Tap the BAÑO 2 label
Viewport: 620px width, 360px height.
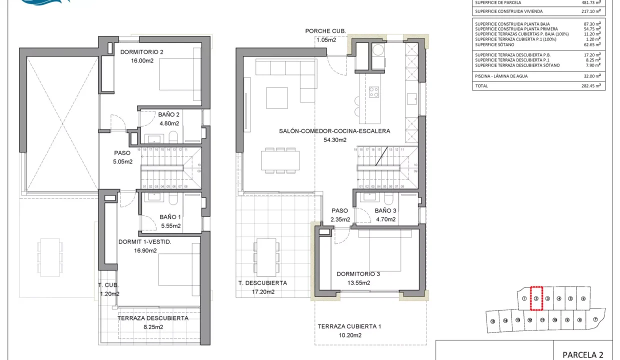tap(169, 114)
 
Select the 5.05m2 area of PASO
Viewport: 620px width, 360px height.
tap(122, 161)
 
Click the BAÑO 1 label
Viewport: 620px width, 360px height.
tap(170, 217)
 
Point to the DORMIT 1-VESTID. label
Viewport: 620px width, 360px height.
tap(145, 242)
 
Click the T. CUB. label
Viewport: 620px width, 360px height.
tap(108, 285)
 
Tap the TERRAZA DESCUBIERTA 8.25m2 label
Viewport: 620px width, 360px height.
tap(152, 318)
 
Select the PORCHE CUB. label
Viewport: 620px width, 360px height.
tap(325, 31)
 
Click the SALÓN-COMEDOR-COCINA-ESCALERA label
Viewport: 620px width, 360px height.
tap(334, 131)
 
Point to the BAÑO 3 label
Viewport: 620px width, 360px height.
tap(385, 210)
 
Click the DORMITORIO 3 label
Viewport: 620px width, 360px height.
tap(358, 274)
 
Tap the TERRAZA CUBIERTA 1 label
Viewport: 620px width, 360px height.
tap(349, 326)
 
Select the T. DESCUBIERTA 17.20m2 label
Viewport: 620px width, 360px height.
tap(262, 283)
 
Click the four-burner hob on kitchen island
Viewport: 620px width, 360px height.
tap(373, 92)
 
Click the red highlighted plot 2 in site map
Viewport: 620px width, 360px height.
tap(535, 298)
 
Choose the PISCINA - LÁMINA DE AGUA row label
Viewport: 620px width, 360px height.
tap(501, 76)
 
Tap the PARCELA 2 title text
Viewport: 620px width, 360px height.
tap(582, 355)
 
